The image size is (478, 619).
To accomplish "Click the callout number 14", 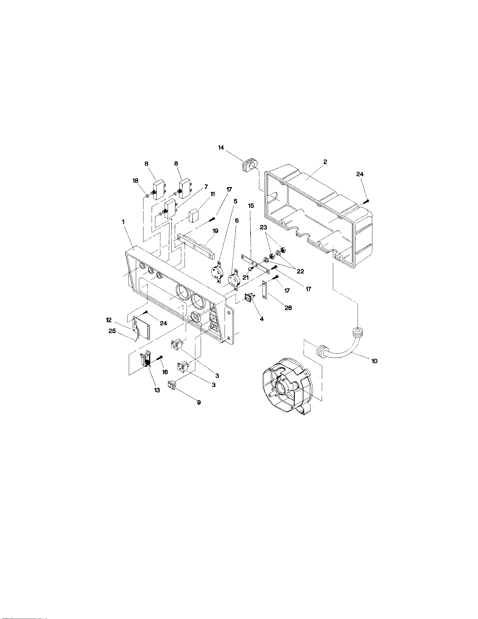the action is coord(221,148).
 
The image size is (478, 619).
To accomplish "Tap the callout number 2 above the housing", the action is coord(325,162).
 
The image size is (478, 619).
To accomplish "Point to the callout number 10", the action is coord(374,361).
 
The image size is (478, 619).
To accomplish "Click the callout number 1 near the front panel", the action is coord(123,222).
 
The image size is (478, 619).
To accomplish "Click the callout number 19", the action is coord(215,231).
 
